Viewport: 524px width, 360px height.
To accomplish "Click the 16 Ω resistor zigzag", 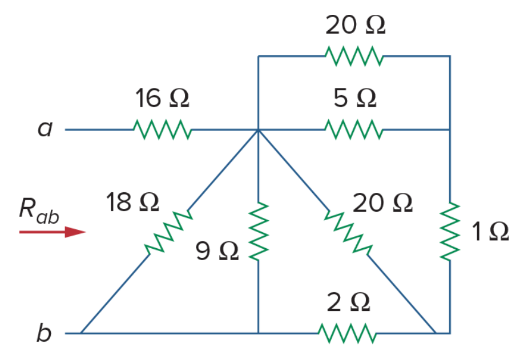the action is (163, 130).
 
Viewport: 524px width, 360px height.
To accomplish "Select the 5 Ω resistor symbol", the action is (354, 130).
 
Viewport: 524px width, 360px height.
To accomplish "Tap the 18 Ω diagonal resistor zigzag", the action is (169, 232).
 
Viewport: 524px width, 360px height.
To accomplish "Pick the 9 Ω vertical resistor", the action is (259, 231).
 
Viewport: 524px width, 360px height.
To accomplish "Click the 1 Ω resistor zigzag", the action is (450, 231).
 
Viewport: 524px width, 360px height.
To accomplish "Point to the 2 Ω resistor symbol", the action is (347, 333).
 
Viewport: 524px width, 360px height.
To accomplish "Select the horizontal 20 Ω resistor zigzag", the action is (354, 56).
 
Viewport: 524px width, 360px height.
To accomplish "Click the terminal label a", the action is (45, 128).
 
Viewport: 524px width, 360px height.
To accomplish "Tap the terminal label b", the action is (44, 332).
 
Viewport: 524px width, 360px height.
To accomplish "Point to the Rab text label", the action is (39, 211).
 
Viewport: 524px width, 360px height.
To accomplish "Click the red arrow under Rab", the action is (53, 232).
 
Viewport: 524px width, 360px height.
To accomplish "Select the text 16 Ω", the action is (162, 98).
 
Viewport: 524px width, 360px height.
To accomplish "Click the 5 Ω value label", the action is (355, 98).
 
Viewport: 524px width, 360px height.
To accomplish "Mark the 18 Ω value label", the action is (132, 203).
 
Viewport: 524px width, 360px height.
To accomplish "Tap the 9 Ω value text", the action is (217, 251).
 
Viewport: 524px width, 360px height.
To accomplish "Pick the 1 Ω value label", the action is (490, 232).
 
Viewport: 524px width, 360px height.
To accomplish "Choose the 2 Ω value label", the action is (348, 302).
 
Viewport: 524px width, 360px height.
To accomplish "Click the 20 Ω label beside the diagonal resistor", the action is (382, 203).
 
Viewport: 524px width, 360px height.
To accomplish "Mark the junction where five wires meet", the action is (259, 130).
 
